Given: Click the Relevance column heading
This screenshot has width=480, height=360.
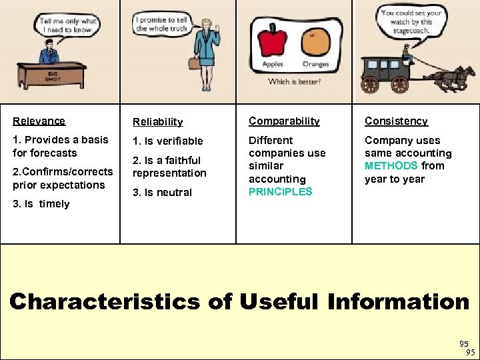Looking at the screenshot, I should pyautogui.click(x=39, y=121).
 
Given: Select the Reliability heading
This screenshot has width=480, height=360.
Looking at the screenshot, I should pyautogui.click(x=157, y=121).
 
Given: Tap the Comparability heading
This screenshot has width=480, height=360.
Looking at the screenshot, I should pyautogui.click(x=284, y=121).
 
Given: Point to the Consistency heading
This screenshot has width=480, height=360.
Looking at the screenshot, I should pyautogui.click(x=396, y=121).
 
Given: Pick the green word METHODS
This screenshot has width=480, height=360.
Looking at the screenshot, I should pyautogui.click(x=391, y=165).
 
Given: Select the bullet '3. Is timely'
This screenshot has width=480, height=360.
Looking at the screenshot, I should pyautogui.click(x=41, y=204).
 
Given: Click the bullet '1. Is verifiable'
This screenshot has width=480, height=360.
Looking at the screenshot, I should pyautogui.click(x=167, y=141).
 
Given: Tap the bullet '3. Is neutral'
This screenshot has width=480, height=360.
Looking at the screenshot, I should pyautogui.click(x=162, y=193).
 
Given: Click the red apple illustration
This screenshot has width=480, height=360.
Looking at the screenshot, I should pyautogui.click(x=272, y=41).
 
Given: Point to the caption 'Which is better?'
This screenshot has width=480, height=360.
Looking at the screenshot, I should pyautogui.click(x=294, y=81).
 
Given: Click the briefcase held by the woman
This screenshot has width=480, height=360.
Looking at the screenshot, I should pyautogui.click(x=194, y=64).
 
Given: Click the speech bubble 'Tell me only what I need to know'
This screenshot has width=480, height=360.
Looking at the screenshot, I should pyautogui.click(x=68, y=25).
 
